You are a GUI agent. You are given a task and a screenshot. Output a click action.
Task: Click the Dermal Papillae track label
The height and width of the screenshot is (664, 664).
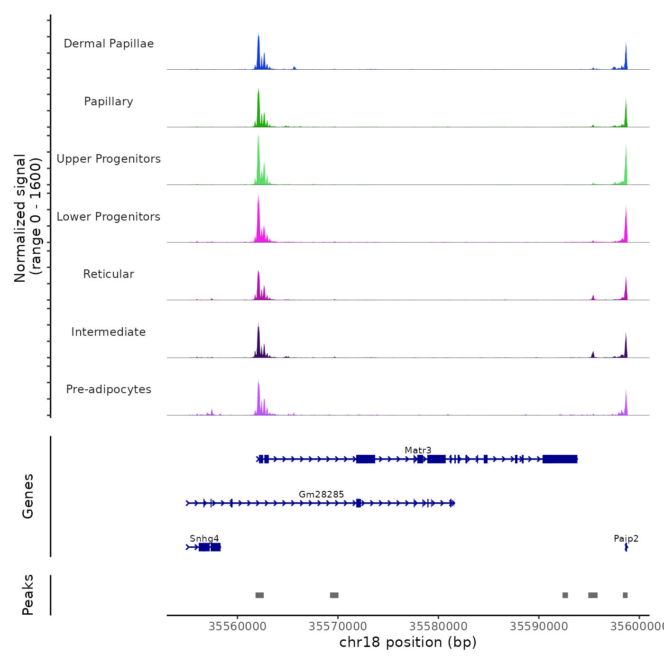(109, 44)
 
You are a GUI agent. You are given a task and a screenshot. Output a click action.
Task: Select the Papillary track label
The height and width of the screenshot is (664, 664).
(109, 101)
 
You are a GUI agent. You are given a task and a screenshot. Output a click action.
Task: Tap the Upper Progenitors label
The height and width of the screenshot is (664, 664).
(109, 159)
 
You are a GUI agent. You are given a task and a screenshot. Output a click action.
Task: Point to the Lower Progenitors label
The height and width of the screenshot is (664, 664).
(109, 217)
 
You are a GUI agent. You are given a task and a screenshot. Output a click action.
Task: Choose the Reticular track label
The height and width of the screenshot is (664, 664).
(109, 274)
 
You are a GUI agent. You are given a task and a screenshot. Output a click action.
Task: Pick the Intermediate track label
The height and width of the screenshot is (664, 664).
(109, 332)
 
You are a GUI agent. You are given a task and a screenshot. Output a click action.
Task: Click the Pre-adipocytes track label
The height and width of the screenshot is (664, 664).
(109, 389)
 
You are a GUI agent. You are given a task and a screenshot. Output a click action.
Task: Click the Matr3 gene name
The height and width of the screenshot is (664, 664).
(418, 450)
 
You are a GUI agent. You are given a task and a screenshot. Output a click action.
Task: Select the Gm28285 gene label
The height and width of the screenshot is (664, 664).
(321, 494)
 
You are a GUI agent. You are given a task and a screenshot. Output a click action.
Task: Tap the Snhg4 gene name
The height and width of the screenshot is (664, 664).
(204, 538)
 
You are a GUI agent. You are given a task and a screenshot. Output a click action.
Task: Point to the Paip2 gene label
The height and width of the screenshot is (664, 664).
(626, 538)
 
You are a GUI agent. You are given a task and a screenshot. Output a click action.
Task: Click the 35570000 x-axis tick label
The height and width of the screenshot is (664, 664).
(338, 627)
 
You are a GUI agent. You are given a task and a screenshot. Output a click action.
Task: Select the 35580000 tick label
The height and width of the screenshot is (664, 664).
(438, 627)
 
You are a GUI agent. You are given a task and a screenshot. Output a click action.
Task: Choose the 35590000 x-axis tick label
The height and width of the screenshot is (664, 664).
(539, 627)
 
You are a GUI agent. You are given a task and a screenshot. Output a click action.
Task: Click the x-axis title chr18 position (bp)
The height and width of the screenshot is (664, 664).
(408, 642)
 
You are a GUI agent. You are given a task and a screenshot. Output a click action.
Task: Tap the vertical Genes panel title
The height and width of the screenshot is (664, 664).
(28, 496)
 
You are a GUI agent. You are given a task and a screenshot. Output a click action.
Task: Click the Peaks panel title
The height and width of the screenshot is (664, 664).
(28, 595)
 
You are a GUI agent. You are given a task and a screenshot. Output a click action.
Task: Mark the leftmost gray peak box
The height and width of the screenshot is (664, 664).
(259, 595)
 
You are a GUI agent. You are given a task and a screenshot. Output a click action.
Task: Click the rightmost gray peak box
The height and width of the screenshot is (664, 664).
(625, 595)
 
